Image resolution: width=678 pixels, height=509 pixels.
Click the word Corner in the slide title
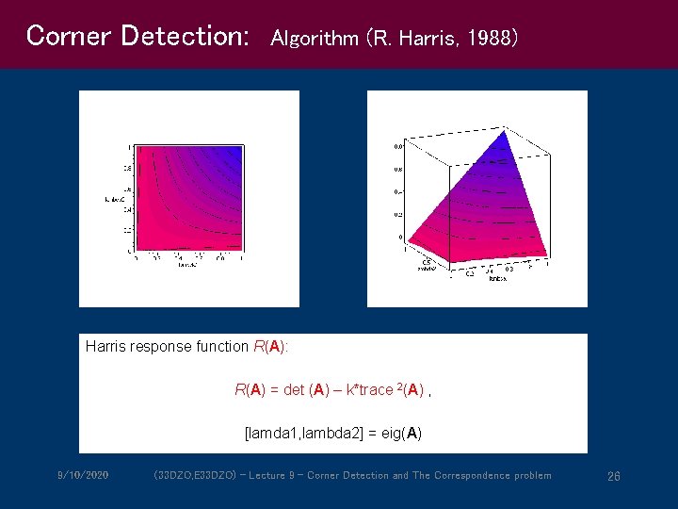(57, 36)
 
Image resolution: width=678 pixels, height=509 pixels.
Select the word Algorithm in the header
(315, 39)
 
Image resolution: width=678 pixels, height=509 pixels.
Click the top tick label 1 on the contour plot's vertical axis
(129, 147)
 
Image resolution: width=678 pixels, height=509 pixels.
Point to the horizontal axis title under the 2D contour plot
(187, 265)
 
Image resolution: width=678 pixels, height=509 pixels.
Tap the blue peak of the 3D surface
(506, 135)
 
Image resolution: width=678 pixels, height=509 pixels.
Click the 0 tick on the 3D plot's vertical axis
(400, 237)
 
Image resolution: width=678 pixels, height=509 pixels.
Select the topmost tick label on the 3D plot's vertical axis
(398, 146)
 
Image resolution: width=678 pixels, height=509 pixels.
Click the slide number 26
(613, 476)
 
